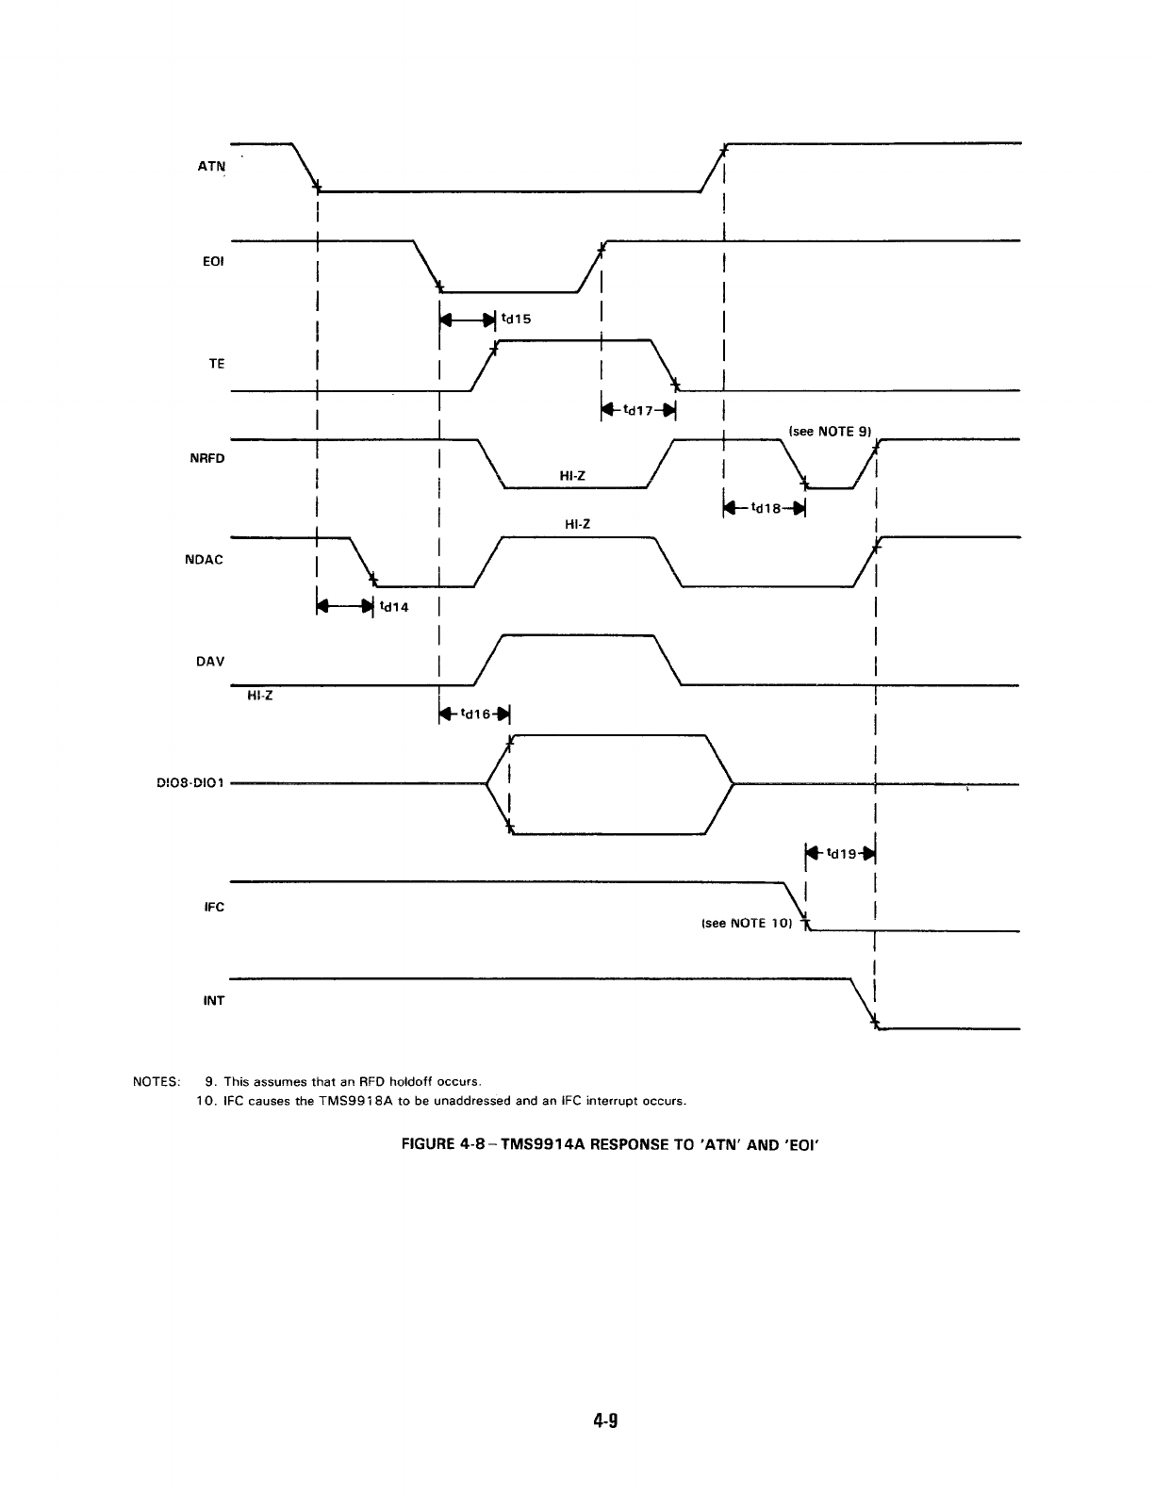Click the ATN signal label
point(211,166)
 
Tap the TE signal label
point(216,363)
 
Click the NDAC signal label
point(207,559)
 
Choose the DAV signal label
point(210,661)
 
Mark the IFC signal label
point(214,908)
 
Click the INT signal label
point(214,1000)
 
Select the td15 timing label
point(517,319)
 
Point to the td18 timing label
point(765,509)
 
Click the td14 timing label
point(393,607)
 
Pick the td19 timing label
point(841,854)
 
